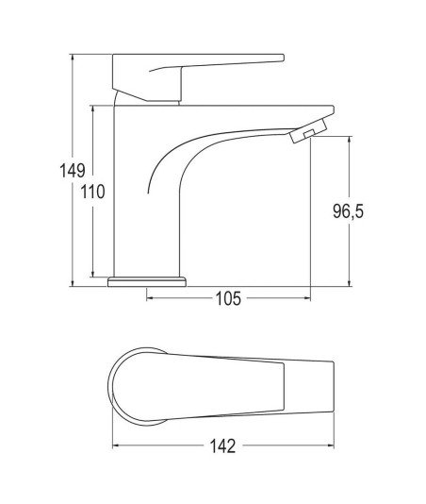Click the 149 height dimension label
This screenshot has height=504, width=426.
tap(73, 171)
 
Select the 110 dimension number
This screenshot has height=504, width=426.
tap(92, 192)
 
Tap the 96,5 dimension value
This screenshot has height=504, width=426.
tap(349, 211)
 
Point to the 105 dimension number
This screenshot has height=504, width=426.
tap(228, 298)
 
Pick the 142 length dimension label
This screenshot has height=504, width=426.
tap(222, 445)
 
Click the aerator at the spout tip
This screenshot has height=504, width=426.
tap(308, 130)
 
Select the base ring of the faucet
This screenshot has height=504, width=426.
tap(147, 281)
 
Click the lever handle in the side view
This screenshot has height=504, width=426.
tap(198, 76)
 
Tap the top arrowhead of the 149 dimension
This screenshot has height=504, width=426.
tap(73, 58)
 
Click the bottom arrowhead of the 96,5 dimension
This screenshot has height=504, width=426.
tap(350, 282)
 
